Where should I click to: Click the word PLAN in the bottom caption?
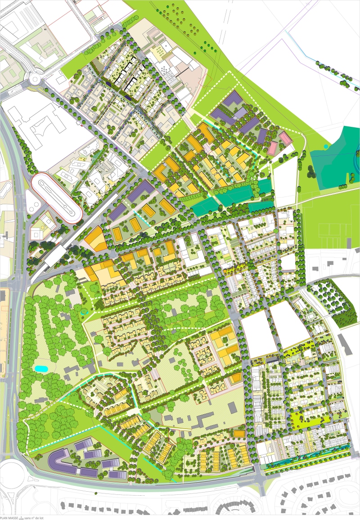point(4,517)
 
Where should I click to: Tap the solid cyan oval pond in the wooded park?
point(41,368)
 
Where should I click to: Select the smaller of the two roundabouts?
point(36,81)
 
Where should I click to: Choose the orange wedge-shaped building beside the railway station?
point(96,239)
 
